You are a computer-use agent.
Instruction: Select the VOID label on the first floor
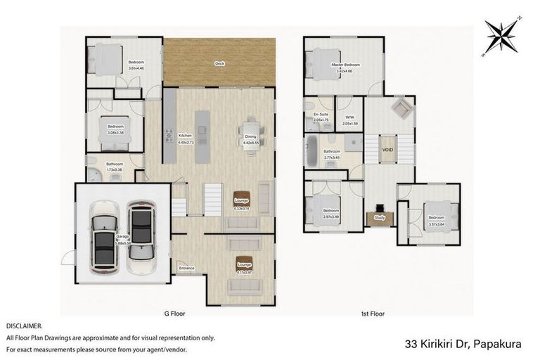pyautogui.click(x=387, y=150)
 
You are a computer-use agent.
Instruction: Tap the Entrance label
pyautogui.click(x=186, y=268)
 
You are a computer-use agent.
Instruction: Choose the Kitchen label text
pyautogui.click(x=185, y=136)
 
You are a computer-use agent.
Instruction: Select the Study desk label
pyautogui.click(x=380, y=219)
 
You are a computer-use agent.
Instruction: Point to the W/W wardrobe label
pyautogui.click(x=349, y=118)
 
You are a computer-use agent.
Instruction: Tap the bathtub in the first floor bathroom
pyautogui.click(x=311, y=152)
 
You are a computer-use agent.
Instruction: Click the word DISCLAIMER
pyautogui.click(x=24, y=326)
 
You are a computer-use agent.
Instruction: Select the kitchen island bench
pyautogui.click(x=202, y=131)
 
